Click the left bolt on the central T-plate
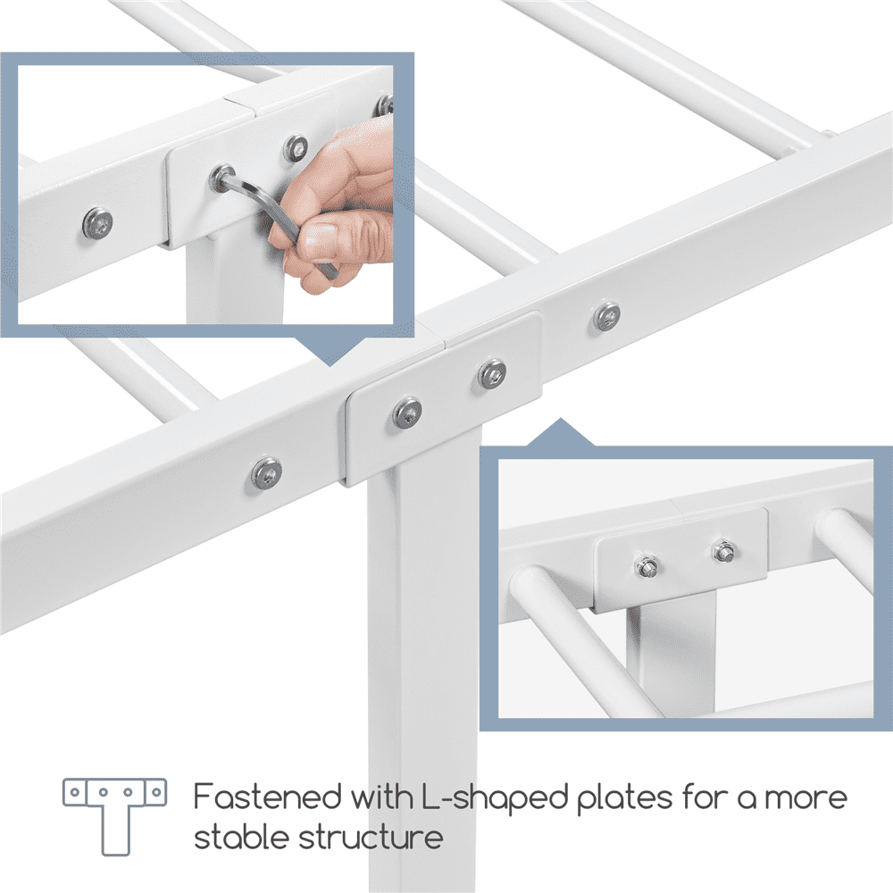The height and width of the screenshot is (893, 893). coord(407,411)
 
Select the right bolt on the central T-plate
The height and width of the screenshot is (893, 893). coord(491,373)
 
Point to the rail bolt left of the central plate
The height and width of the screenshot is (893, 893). coord(266,472)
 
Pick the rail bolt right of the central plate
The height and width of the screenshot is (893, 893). coord(607,314)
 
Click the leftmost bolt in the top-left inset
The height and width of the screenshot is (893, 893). coord(96,222)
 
